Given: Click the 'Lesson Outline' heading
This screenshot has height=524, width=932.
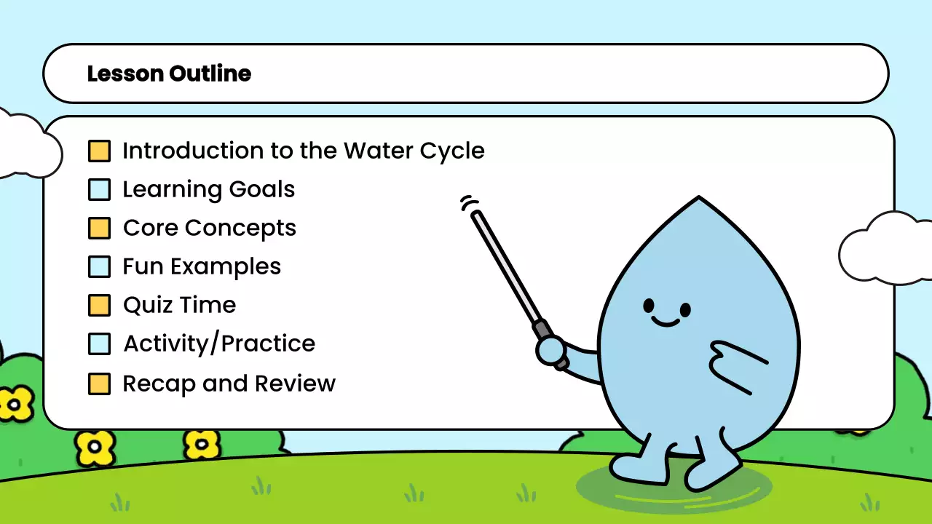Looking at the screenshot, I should coord(169,74).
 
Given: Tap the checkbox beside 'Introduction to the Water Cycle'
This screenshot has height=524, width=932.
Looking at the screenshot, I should coord(99,151).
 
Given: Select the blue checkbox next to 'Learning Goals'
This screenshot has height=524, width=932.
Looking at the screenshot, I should coord(99,190).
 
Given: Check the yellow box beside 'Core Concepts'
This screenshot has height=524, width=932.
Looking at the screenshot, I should coord(99,229).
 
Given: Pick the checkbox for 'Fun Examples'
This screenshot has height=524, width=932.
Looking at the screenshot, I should coord(99,267).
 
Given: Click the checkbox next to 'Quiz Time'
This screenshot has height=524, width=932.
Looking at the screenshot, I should coord(99,306).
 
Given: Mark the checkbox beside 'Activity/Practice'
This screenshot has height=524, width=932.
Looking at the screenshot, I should coord(99,344).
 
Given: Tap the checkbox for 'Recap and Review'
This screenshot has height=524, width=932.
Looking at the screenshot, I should coord(99,384).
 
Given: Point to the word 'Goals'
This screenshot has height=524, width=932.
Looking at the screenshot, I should coord(262,190).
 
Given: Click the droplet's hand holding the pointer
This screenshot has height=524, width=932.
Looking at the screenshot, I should coord(551,351).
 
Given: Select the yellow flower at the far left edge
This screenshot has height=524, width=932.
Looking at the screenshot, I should coord(15,402).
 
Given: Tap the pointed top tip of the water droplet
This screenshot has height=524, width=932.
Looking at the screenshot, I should coord(698,198).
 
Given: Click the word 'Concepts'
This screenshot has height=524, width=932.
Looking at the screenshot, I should coord(240,228).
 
